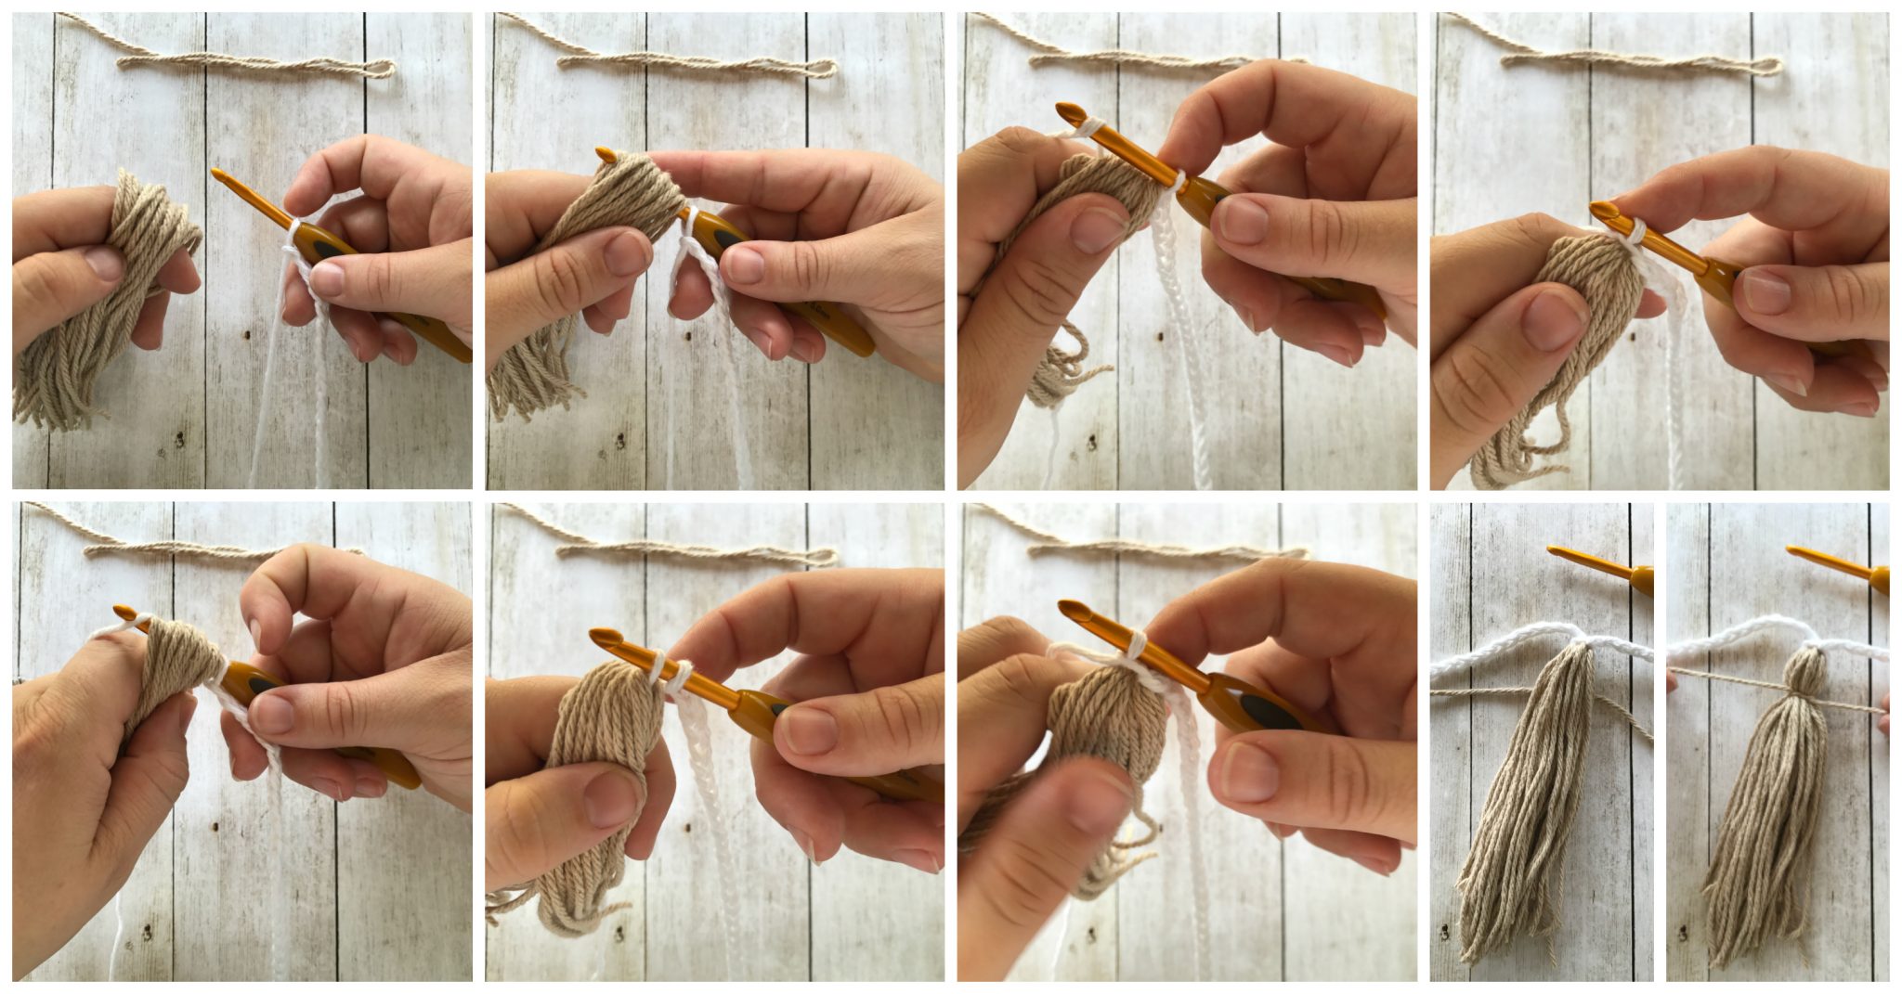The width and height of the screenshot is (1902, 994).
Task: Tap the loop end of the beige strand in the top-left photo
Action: pyautogui.click(x=382, y=68)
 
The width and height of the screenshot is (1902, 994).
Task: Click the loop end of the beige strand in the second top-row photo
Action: pyautogui.click(x=824, y=68)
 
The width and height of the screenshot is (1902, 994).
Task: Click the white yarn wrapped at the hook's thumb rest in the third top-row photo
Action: pyautogui.click(x=1177, y=179)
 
